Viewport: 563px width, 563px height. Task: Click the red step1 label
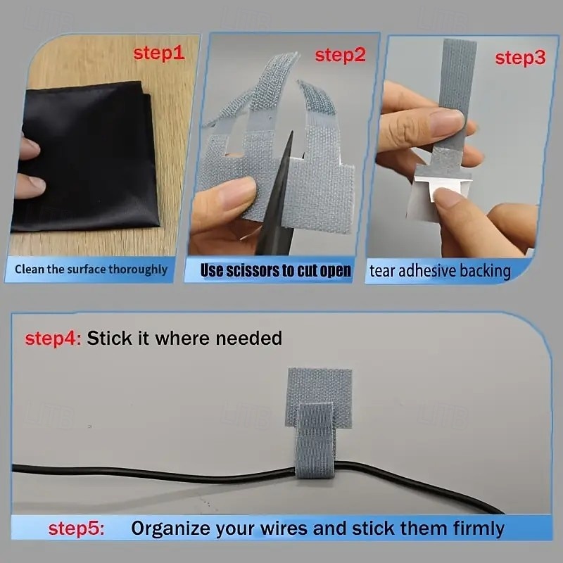[x=159, y=53]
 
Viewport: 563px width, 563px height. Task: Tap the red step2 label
[x=340, y=55]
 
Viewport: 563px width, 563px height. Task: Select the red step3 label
[x=520, y=58]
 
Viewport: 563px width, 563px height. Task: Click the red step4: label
[x=53, y=338]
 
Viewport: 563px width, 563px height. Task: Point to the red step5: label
[x=77, y=528]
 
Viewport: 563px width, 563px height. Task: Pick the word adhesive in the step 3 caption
[x=426, y=271]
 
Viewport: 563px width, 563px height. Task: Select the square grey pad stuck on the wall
[x=320, y=391]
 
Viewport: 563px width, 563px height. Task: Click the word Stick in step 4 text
[x=109, y=338]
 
